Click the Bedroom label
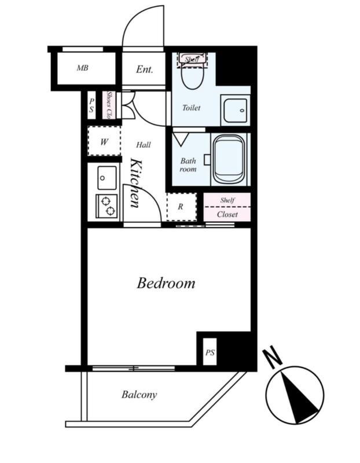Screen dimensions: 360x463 (x=166, y=283)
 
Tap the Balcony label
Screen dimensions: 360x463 (x=139, y=395)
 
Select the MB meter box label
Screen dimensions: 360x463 (x=82, y=68)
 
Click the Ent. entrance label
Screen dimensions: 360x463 (x=145, y=69)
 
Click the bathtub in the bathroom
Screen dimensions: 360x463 (x=229, y=159)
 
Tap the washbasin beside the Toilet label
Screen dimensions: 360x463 (x=236, y=111)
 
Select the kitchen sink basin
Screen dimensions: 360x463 (x=107, y=178)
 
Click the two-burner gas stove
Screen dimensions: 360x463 (x=106, y=206)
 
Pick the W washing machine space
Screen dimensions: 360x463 (x=104, y=141)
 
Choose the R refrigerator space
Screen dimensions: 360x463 (x=181, y=207)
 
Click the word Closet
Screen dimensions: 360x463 (x=227, y=214)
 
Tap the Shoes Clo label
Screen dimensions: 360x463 (x=109, y=105)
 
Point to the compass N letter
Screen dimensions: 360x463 (x=273, y=358)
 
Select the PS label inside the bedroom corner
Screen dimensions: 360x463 (x=210, y=352)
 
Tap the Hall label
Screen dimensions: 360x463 (x=144, y=145)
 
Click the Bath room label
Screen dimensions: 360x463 (x=188, y=165)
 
